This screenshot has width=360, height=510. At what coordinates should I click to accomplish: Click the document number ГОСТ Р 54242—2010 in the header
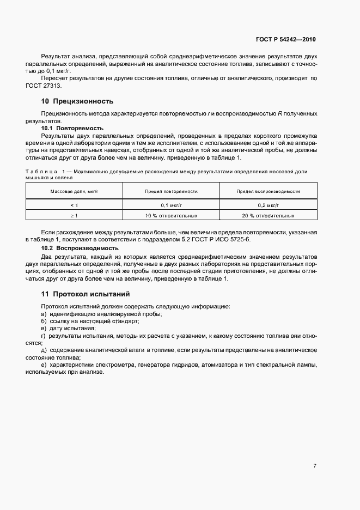285,40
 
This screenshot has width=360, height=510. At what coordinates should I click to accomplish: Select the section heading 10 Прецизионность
77,101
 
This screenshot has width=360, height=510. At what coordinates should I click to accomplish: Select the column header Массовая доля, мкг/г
74,192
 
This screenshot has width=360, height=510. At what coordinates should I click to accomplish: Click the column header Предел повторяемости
171,192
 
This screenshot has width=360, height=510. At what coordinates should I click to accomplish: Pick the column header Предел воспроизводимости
269,192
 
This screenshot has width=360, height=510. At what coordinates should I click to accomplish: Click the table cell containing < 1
74,205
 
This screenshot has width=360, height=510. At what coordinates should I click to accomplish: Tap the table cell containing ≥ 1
74,216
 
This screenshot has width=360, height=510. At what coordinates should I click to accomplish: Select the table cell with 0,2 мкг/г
269,205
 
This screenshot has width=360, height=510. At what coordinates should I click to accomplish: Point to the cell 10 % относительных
171,216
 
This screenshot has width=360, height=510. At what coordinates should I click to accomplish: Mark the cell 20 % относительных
269,216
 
